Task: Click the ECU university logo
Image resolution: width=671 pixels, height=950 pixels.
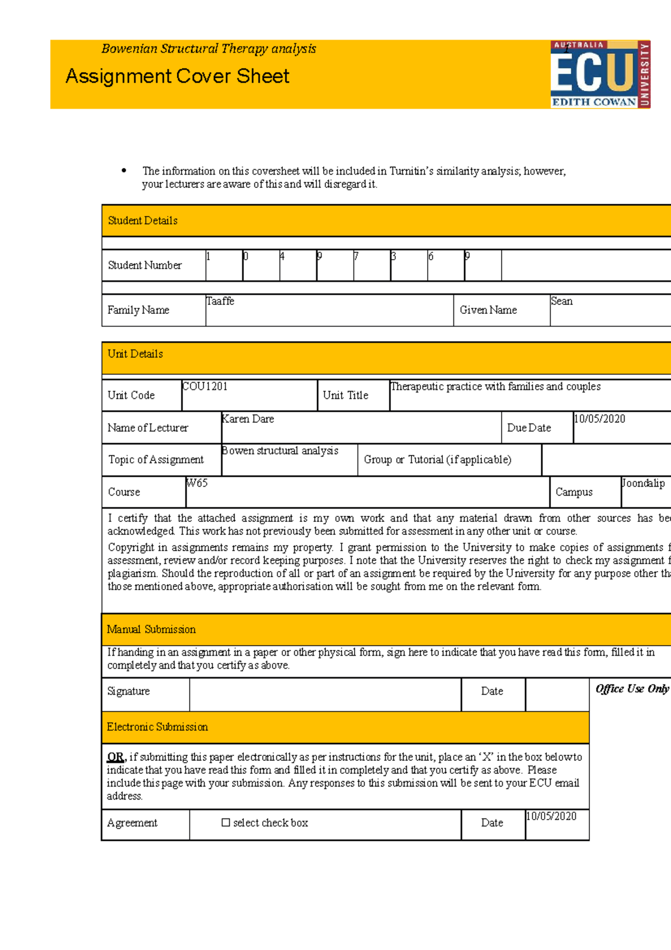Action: tap(600, 74)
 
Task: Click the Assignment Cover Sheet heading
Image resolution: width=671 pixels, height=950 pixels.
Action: tap(177, 76)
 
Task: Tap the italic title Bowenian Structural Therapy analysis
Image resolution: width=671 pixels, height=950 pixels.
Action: tap(209, 49)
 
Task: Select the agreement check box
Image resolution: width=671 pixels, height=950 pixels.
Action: tap(226, 822)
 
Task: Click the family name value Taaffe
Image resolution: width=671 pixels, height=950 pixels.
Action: tap(220, 301)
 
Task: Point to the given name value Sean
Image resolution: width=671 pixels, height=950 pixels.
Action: tap(561, 301)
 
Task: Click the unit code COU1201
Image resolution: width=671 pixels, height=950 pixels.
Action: tap(205, 386)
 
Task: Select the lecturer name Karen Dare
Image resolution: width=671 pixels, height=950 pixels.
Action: tap(248, 418)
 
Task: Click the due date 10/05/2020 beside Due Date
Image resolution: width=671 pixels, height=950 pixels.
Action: tap(599, 418)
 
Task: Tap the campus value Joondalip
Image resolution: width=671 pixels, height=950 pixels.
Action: tap(643, 483)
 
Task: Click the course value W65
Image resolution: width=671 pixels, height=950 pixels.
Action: tap(197, 483)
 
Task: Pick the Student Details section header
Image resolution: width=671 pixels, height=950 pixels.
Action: tap(143, 220)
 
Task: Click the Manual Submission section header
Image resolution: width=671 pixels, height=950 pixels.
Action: tap(151, 629)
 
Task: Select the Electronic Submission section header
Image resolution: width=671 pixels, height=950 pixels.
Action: tap(157, 727)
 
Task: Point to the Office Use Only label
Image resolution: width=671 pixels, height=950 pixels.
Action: tap(632, 689)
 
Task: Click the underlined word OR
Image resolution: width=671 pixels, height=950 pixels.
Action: tap(115, 757)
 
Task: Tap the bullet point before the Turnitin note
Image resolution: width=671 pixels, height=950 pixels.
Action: tap(124, 171)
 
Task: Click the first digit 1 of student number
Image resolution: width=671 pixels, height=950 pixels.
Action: tap(209, 256)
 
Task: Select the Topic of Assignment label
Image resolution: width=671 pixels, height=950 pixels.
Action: tap(155, 459)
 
